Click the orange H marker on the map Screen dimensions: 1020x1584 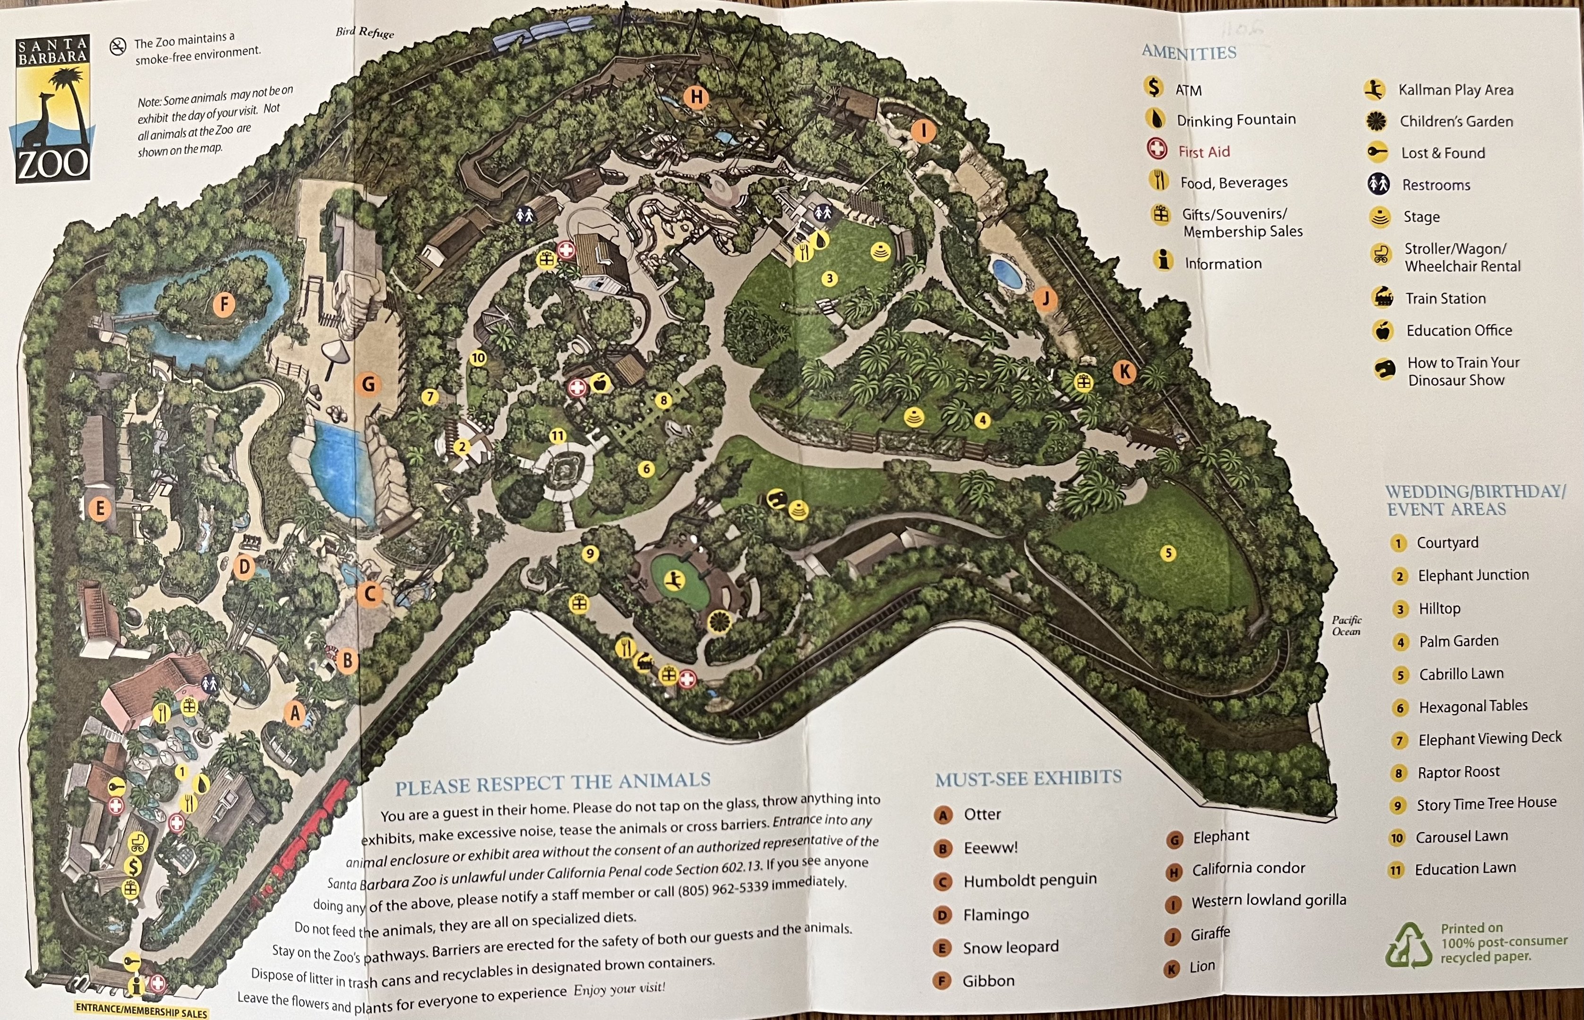tap(696, 97)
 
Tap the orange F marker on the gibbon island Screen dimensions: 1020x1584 tap(224, 305)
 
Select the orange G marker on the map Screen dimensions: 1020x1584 tap(368, 383)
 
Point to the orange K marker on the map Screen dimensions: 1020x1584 tap(1124, 372)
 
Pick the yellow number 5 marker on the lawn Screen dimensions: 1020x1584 tap(1168, 552)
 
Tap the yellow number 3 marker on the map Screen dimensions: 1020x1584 tap(829, 278)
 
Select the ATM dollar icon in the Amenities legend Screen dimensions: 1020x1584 tap(1153, 87)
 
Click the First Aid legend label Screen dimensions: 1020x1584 tap(1204, 152)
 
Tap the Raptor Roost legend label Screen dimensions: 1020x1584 tap(1458, 772)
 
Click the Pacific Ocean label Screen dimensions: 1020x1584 tap(1346, 625)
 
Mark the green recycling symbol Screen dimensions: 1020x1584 tap(1408, 946)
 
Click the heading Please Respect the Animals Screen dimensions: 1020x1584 tap(553, 783)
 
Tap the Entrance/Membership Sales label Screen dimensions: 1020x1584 tap(141, 1010)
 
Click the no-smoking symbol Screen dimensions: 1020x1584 tap(118, 46)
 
